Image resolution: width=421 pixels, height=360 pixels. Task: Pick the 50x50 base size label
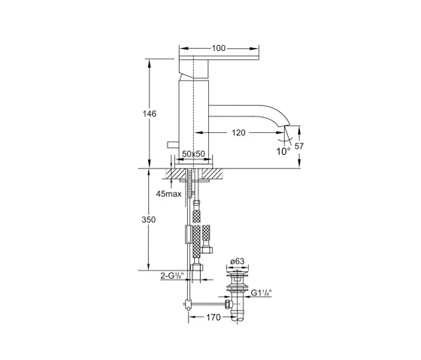194,154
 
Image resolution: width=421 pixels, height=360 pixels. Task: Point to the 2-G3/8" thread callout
174,277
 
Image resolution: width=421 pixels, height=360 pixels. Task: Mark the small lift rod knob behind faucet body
172,144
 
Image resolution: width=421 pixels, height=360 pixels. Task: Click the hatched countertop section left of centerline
177,173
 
